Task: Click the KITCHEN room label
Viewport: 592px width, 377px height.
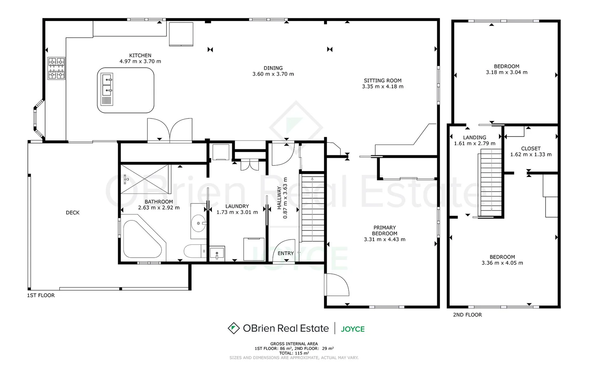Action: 140,56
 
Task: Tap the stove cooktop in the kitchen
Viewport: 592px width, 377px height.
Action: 56,68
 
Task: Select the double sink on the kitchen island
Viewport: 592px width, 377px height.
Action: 107,85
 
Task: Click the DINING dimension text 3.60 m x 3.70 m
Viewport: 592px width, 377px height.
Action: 273,74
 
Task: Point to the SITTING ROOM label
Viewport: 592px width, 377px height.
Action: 383,80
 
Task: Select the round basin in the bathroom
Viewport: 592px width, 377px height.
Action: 199,223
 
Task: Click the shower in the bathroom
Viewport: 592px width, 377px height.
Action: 144,179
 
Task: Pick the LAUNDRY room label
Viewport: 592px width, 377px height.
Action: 237,206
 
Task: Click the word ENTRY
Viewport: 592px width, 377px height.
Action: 286,253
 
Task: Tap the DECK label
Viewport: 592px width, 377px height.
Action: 73,213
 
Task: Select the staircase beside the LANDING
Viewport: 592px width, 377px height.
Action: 491,182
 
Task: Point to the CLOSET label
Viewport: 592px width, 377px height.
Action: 530,148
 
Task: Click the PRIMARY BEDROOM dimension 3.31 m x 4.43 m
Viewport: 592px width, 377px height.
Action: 385,239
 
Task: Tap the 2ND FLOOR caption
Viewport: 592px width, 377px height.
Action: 467,315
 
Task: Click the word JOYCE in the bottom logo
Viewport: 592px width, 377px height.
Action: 352,329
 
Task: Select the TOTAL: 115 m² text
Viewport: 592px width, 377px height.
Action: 294,353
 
